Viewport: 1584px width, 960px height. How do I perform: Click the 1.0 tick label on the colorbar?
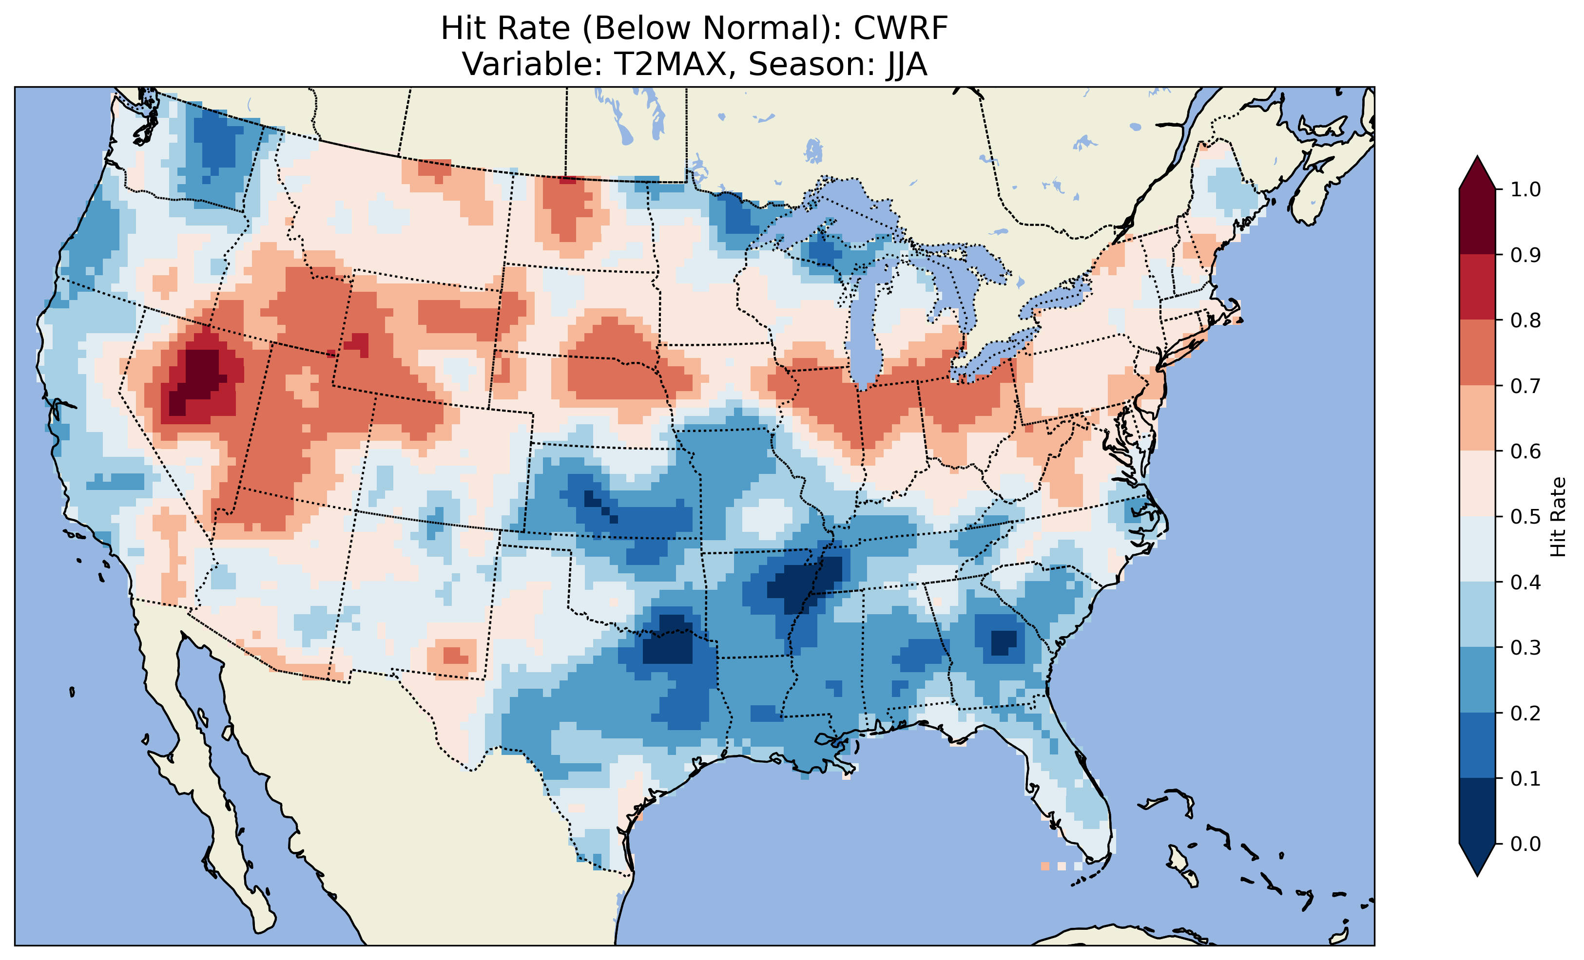click(x=1526, y=189)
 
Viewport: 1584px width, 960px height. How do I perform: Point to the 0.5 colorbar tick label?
click(x=1526, y=517)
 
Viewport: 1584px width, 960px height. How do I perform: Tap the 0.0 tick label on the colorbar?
click(x=1526, y=844)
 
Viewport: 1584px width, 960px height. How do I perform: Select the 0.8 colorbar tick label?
click(x=1526, y=320)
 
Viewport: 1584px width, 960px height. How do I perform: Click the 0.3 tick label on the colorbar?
click(x=1526, y=648)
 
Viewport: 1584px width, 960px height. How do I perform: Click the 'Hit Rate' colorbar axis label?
click(x=1558, y=517)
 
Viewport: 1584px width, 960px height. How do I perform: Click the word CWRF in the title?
click(x=901, y=28)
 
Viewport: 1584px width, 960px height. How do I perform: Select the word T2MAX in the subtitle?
click(x=667, y=64)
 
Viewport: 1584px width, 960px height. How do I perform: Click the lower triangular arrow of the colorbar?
click(x=1477, y=859)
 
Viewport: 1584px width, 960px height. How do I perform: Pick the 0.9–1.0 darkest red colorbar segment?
click(x=1477, y=222)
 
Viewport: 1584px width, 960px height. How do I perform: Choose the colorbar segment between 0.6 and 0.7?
click(x=1477, y=418)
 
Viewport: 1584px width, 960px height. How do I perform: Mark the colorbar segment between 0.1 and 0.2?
click(x=1477, y=745)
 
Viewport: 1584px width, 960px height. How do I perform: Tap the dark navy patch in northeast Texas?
click(x=669, y=642)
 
